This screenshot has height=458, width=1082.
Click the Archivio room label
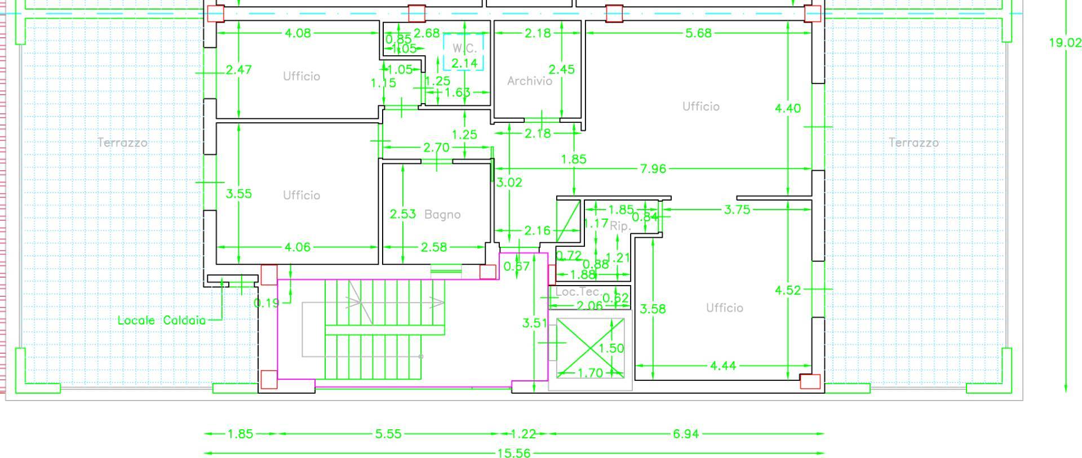pyautogui.click(x=529, y=81)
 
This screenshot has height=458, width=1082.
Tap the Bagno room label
pyautogui.click(x=442, y=215)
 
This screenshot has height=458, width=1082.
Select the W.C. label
pyautogui.click(x=464, y=48)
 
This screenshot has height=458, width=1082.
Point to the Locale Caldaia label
pyautogui.click(x=162, y=321)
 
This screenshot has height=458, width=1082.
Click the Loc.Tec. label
pyautogui.click(x=577, y=292)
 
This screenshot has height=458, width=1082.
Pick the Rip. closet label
pyautogui.click(x=620, y=226)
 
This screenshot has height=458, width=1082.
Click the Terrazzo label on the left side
pyautogui.click(x=122, y=143)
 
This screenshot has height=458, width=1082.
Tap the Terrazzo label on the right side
pyautogui.click(x=914, y=143)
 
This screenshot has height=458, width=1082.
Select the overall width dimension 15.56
pyautogui.click(x=513, y=453)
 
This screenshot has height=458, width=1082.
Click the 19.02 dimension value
pyautogui.click(x=1065, y=43)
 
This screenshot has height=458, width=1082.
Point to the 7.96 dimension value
pyautogui.click(x=653, y=168)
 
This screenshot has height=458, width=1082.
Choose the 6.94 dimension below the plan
pyautogui.click(x=685, y=434)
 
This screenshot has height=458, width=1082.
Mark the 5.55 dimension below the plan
pyautogui.click(x=388, y=434)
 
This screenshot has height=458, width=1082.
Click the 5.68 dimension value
pyautogui.click(x=698, y=33)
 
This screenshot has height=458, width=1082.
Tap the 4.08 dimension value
pyautogui.click(x=298, y=33)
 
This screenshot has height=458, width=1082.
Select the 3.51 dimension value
pyautogui.click(x=534, y=323)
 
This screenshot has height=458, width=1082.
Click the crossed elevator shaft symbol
pyautogui.click(x=590, y=348)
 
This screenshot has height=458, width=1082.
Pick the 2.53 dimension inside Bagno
pyautogui.click(x=402, y=214)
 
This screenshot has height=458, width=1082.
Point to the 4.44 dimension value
pyautogui.click(x=722, y=366)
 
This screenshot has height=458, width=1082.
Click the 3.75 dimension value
pyautogui.click(x=737, y=210)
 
